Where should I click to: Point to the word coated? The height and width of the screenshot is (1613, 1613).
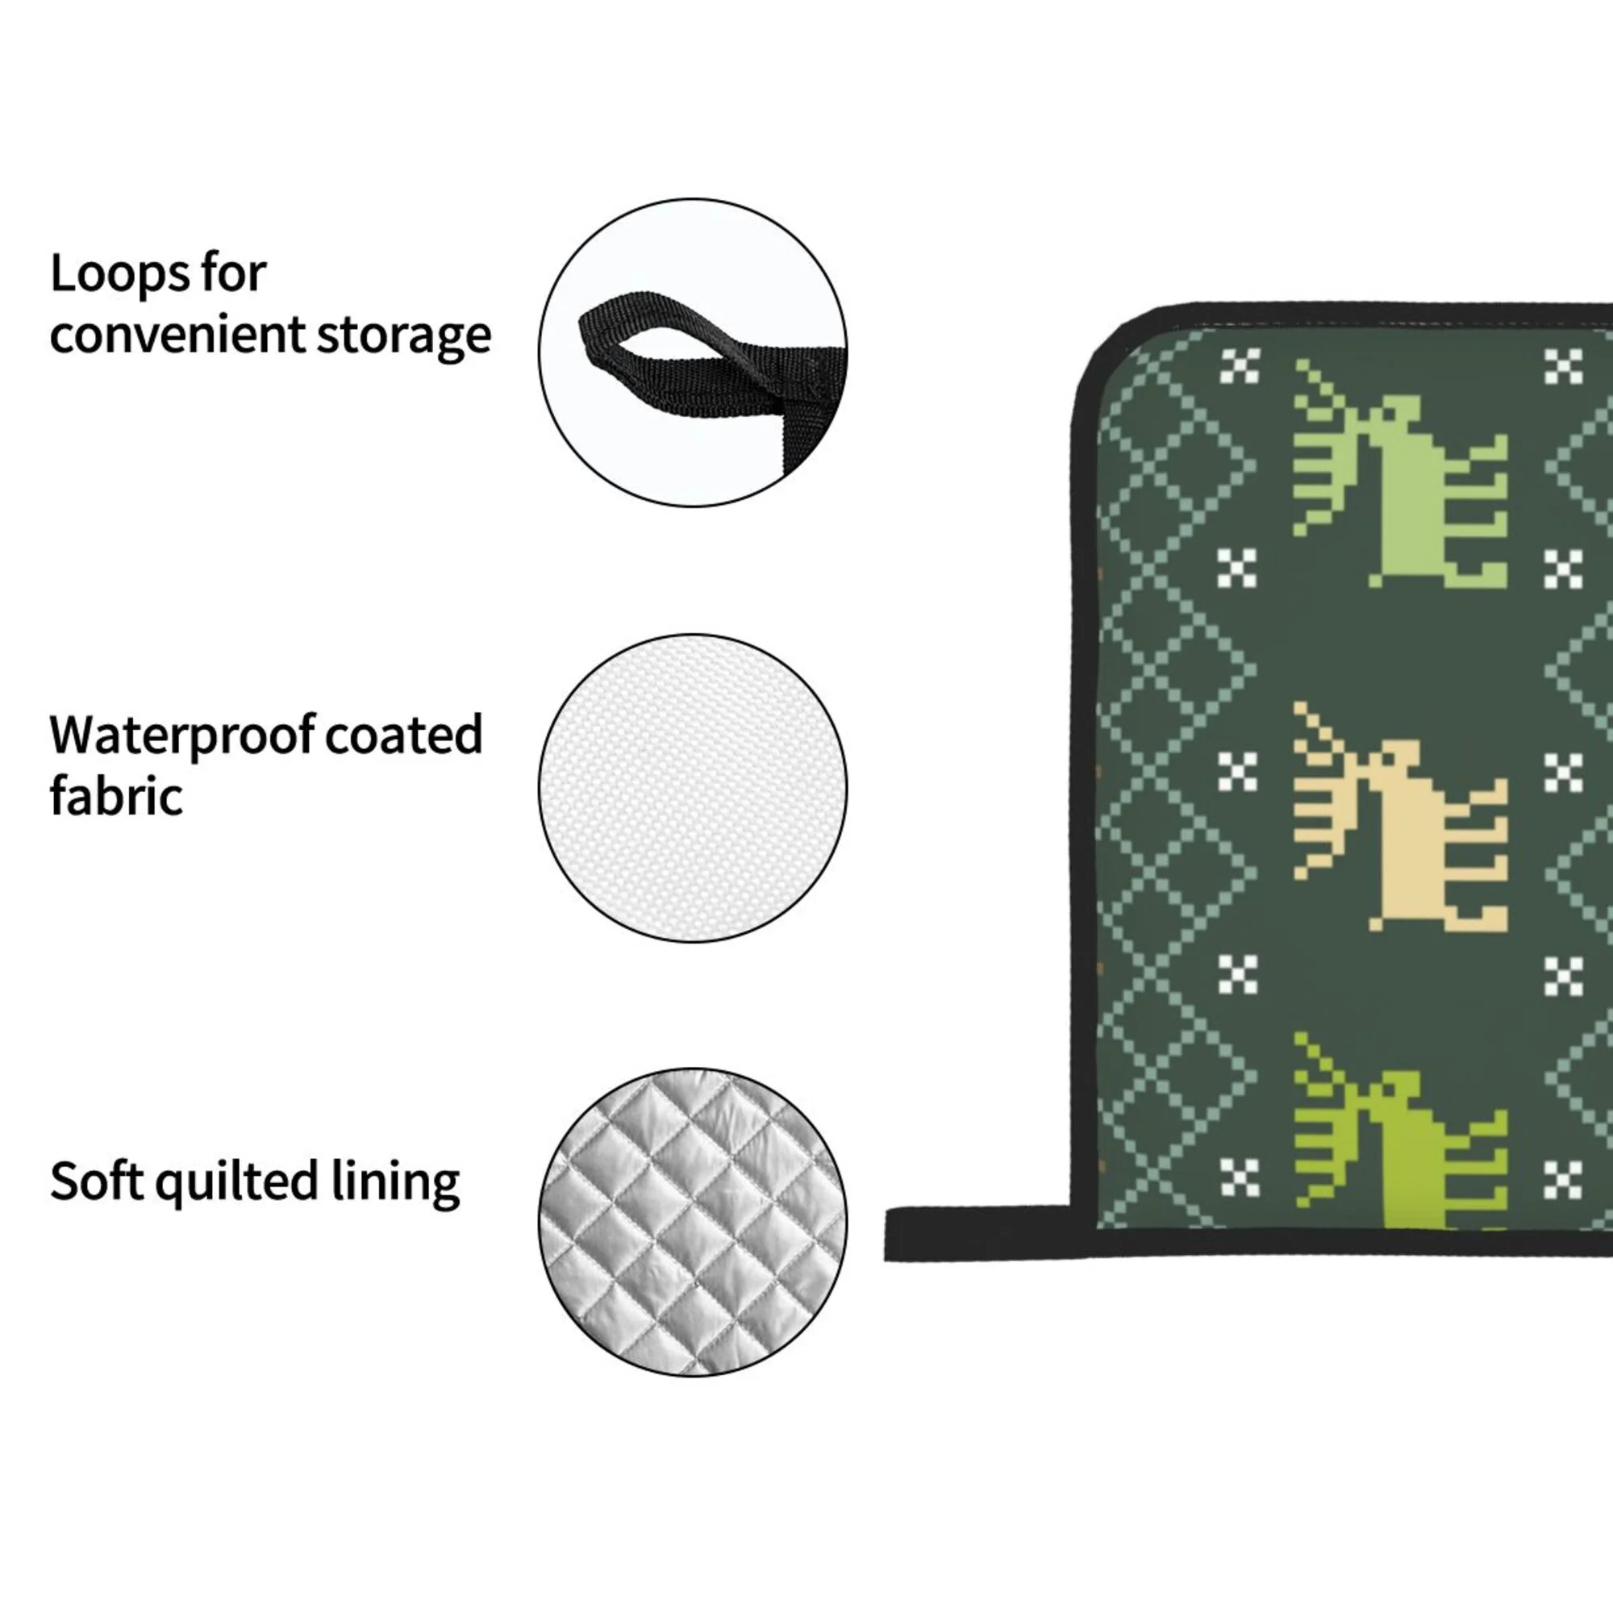click(x=404, y=736)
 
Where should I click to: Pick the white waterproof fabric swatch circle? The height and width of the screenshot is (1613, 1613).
click(x=692, y=787)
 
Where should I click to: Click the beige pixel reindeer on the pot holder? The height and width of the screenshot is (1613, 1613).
click(x=1411, y=835)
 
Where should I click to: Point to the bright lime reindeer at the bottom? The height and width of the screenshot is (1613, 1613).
click(x=1411, y=1161)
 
